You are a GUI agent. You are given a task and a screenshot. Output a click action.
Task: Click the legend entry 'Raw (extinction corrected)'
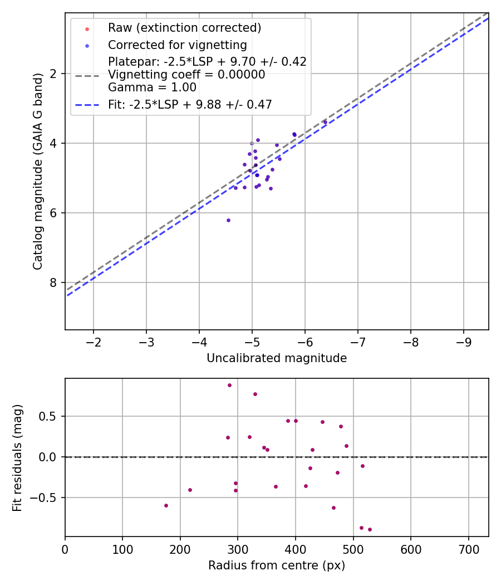point(184,28)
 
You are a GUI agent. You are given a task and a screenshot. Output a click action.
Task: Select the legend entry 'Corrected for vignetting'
point(177,45)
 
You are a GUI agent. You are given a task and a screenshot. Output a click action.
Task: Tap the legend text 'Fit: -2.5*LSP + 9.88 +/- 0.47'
point(190,105)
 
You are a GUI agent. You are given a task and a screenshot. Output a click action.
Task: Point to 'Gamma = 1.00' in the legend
point(152,87)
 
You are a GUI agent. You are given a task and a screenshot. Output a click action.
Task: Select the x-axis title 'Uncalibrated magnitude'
point(277,358)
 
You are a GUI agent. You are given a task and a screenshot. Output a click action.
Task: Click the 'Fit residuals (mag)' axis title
point(18,458)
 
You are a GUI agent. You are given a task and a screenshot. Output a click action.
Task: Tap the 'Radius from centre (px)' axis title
point(277,565)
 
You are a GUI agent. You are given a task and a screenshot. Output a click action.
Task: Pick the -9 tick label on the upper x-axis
point(464,341)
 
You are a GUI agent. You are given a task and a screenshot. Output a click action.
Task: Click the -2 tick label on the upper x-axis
point(94,341)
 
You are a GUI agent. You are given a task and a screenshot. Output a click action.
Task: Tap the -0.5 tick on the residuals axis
point(47,498)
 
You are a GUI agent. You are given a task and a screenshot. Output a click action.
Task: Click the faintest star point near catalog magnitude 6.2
point(228,220)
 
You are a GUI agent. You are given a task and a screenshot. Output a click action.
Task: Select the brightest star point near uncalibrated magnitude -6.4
point(325,122)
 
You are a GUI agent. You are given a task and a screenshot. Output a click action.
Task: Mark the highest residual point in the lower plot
point(229,385)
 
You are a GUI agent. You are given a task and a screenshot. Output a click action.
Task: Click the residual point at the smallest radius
point(166,505)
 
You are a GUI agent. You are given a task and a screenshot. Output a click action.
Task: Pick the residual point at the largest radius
point(370,529)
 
